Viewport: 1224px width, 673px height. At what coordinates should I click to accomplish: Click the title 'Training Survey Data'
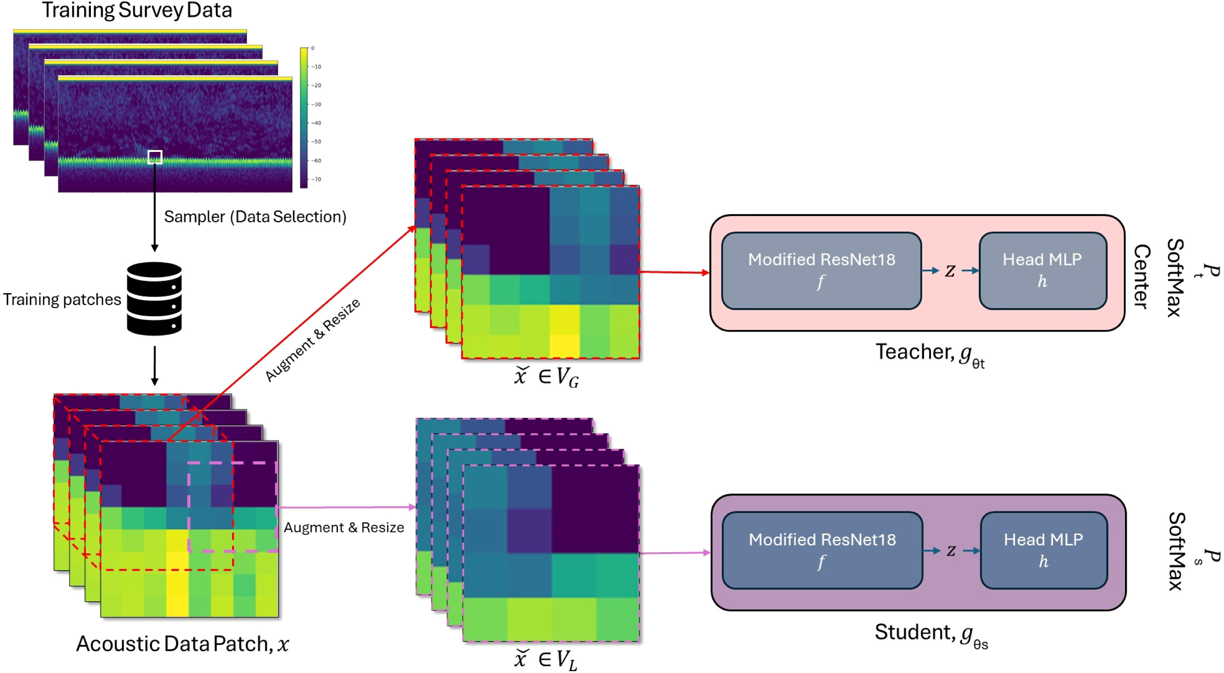[x=137, y=11]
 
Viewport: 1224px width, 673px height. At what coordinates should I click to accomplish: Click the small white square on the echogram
[x=155, y=157]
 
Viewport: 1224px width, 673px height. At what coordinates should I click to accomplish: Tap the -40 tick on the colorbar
[x=316, y=123]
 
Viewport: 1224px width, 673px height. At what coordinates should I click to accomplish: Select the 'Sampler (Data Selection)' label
[x=255, y=217]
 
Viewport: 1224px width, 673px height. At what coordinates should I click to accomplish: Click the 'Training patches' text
[x=62, y=300]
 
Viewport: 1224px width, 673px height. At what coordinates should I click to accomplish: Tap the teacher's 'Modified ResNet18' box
[x=821, y=271]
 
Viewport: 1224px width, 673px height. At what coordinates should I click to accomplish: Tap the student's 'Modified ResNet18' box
[x=822, y=551]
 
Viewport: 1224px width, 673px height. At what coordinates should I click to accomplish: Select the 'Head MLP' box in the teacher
[x=1043, y=271]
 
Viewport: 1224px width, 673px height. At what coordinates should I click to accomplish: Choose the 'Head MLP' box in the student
[x=1044, y=551]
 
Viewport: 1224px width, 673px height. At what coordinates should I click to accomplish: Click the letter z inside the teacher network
[x=950, y=271]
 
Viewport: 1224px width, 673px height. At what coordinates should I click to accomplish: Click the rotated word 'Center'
[x=1142, y=277]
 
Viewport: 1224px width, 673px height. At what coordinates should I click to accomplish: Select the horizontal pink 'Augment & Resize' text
[x=343, y=527]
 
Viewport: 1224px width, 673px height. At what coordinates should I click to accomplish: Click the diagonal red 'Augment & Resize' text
[x=312, y=340]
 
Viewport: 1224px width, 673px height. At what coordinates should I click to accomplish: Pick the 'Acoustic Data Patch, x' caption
[x=183, y=644]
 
